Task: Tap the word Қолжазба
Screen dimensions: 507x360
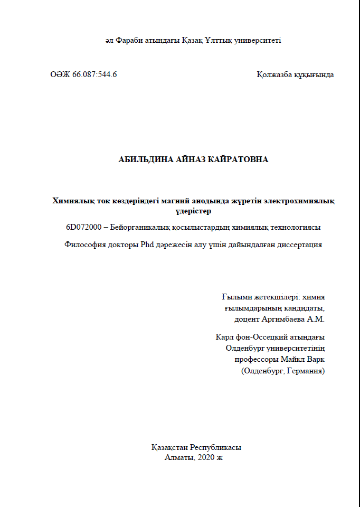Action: pos(275,74)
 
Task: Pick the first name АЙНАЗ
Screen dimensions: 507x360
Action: pos(195,159)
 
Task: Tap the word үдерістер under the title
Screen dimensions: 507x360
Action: pos(193,211)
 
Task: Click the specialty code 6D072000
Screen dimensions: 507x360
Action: pos(83,228)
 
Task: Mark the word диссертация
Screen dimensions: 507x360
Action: pos(300,245)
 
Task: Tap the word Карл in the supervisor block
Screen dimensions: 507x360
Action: pos(224,337)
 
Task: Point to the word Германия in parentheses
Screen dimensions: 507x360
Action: pos(306,371)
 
